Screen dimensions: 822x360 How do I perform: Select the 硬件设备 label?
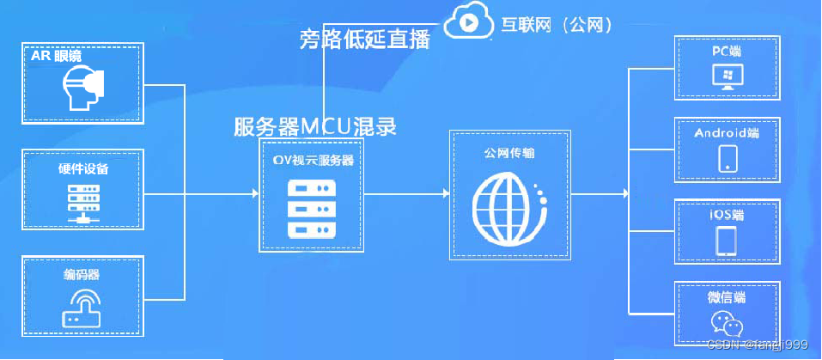(x=82, y=168)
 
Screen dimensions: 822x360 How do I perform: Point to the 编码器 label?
(x=82, y=275)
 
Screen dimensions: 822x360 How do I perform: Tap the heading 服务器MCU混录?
(x=315, y=127)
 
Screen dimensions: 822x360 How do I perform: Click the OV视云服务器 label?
(x=308, y=160)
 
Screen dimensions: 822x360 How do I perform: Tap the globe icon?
(x=508, y=207)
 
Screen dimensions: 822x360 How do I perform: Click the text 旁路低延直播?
(x=364, y=39)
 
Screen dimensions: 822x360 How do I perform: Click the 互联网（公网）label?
(x=557, y=24)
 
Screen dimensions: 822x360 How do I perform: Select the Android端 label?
(x=727, y=133)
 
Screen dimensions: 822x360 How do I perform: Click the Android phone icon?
(x=727, y=158)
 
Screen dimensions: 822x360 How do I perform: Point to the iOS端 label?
(x=727, y=213)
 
